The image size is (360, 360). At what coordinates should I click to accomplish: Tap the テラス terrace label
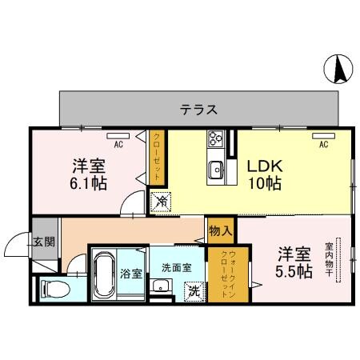pos(198,110)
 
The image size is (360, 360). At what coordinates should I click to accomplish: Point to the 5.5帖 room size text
pos(294,271)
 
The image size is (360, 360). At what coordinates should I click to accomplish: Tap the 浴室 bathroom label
pos(131,273)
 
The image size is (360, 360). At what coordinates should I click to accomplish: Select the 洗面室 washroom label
pos(175,268)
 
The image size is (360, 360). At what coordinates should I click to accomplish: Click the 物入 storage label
pos(221,230)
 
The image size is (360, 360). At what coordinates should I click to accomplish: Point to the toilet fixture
pos(53,286)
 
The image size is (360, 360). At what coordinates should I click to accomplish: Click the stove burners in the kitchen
pos(215,139)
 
